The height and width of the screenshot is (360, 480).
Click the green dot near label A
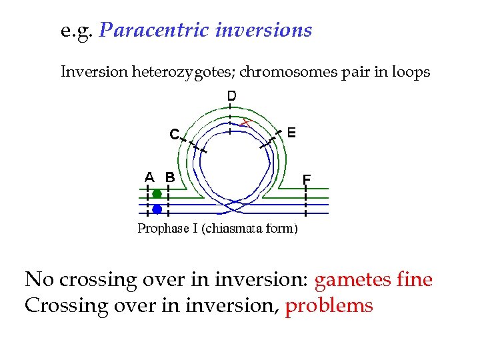[157, 194]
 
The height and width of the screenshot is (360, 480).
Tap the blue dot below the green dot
[157, 209]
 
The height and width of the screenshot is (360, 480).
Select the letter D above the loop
[231, 96]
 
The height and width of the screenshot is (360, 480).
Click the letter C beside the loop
[173, 135]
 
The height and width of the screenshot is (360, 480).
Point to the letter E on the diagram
[291, 132]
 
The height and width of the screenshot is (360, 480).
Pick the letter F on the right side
[307, 179]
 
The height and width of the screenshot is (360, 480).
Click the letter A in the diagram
[150, 177]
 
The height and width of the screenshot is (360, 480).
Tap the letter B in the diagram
[170, 177]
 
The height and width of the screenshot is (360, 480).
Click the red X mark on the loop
[246, 122]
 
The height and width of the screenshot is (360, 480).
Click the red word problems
[329, 306]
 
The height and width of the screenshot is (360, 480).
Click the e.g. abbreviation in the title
[77, 31]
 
